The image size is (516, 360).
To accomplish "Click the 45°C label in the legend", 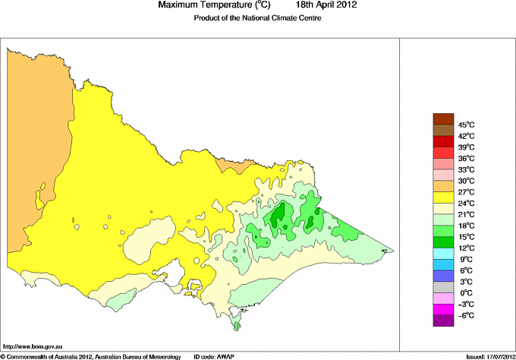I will click(x=466, y=125).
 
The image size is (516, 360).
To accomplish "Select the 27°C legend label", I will click(x=466, y=192).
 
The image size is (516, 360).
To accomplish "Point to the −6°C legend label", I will click(x=466, y=315).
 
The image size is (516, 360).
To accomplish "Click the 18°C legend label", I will click(x=466, y=226).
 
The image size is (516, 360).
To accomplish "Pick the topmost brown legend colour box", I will click(x=443, y=118).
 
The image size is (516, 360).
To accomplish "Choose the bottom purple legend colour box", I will click(x=443, y=321).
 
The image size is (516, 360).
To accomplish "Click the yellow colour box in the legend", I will click(x=443, y=197).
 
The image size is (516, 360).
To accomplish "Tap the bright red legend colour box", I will click(x=443, y=141).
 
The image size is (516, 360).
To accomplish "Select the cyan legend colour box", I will click(x=443, y=264).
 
